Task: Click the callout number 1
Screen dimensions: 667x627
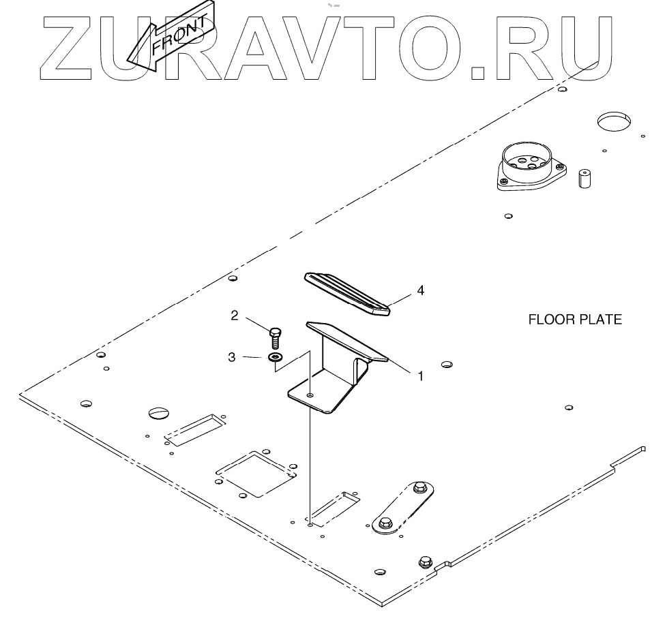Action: pos(420,375)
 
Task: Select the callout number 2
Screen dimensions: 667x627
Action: pos(235,315)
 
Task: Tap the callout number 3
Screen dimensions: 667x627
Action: pos(232,356)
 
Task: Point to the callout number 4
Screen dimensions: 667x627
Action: pos(420,290)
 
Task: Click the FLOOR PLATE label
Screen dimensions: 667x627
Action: pos(575,319)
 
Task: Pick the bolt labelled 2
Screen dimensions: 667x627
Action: pos(275,337)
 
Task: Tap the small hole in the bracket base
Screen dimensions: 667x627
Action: pos(310,395)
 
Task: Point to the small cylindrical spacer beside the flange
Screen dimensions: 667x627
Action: pos(584,179)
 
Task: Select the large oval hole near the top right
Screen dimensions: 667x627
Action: pos(615,123)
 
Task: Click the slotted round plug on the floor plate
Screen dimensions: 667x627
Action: pos(157,413)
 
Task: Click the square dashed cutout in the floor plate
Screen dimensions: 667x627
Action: pos(256,471)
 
